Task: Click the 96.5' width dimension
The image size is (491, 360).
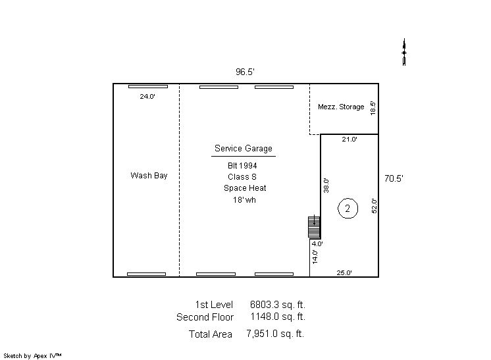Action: pos(245,72)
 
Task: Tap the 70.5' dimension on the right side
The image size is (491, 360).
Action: pos(394,178)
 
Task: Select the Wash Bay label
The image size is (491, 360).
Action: pos(149,176)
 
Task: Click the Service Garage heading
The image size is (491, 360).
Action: pos(244,148)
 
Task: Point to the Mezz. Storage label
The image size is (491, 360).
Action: pos(341,107)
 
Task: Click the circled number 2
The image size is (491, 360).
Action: pos(348,209)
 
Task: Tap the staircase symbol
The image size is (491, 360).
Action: pos(314,226)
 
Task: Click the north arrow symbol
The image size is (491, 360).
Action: pos(404,52)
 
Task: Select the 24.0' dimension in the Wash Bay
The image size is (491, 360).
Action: pos(147,97)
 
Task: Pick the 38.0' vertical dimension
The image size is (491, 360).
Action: pos(326,186)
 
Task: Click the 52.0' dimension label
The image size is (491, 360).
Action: pos(375,206)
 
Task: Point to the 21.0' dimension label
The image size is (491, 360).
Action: pos(349,140)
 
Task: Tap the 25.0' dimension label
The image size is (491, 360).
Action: pos(344,272)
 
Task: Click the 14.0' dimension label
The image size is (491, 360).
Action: pos(315,257)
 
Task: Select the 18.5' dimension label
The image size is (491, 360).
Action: pos(373,108)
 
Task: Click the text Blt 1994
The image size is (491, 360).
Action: pos(242,166)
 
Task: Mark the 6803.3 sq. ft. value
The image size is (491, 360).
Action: pos(278,305)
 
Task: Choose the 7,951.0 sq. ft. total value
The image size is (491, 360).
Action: pos(275,334)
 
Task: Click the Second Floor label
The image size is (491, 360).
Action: pos(205,317)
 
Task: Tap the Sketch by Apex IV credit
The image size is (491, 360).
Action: pos(32,356)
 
